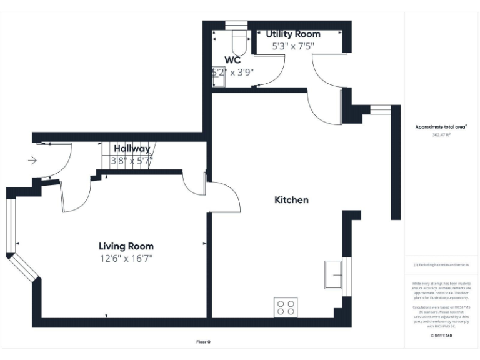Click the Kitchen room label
pos(291,200)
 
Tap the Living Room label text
pos(126,246)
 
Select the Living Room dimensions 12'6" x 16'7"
pos(126,257)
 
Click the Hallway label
pos(131,149)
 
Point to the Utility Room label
pos(293,34)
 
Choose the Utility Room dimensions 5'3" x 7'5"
pos(293,46)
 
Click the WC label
pos(233,61)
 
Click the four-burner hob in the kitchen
pos(286,307)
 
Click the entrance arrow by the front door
pos(32,161)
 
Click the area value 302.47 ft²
pos(441,134)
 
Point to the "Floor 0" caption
pos(204,342)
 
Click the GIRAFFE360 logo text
pos(441,336)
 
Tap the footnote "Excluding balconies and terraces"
pos(441,265)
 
